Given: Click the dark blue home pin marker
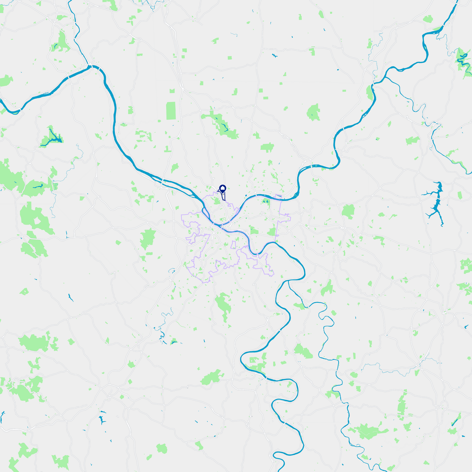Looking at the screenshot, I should pyautogui.click(x=223, y=188).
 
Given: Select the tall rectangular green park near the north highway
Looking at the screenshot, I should pyautogui.click(x=171, y=111).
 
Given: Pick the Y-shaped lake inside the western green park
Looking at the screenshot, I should pyautogui.click(x=52, y=137).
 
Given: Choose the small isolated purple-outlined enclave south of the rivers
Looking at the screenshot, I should pyautogui.click(x=233, y=245).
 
